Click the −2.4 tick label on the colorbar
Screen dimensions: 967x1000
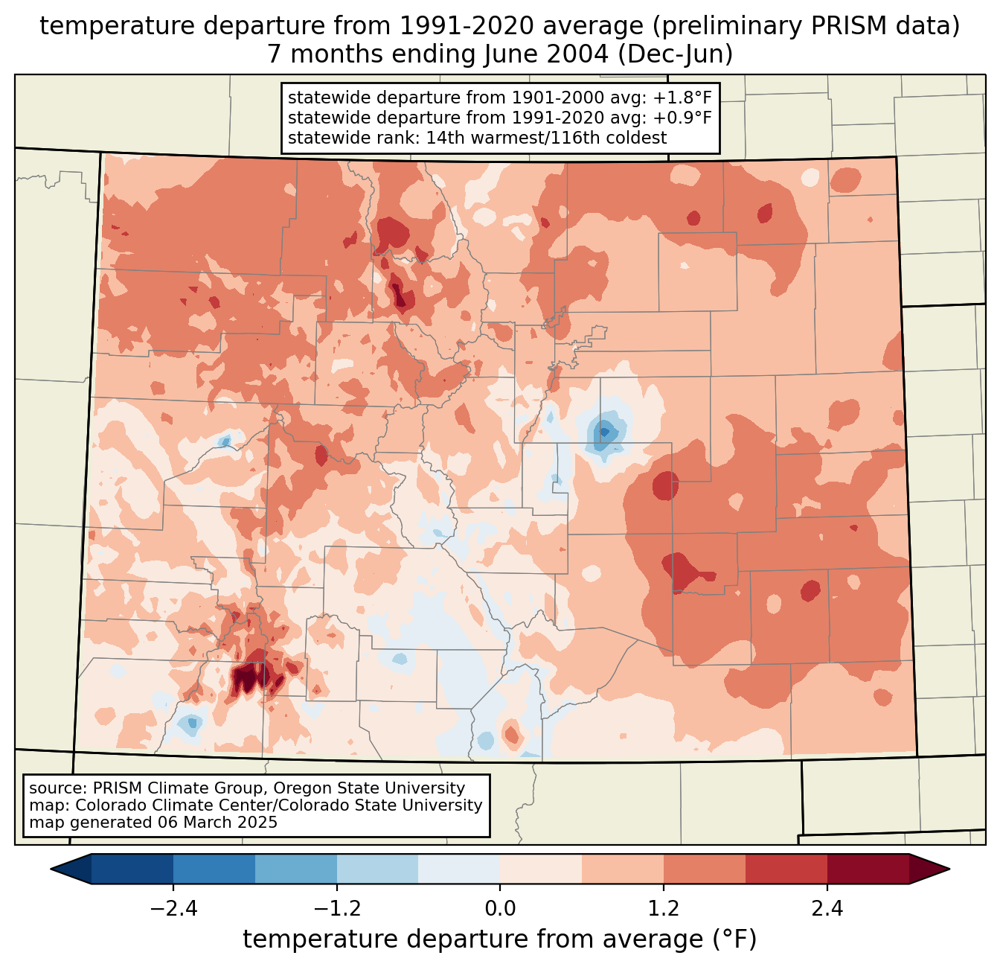tap(173, 909)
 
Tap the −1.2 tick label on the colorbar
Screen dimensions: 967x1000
tap(336, 909)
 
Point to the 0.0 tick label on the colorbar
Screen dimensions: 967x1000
tap(500, 909)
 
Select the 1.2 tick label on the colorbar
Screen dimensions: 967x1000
tap(664, 909)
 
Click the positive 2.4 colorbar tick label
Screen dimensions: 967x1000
tap(827, 909)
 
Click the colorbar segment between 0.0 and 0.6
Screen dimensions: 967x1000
tap(541, 869)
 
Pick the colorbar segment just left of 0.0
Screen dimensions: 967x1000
tap(459, 869)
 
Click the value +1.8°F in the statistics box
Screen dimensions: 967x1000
tap(682, 98)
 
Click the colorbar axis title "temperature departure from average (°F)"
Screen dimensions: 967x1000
tap(500, 939)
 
